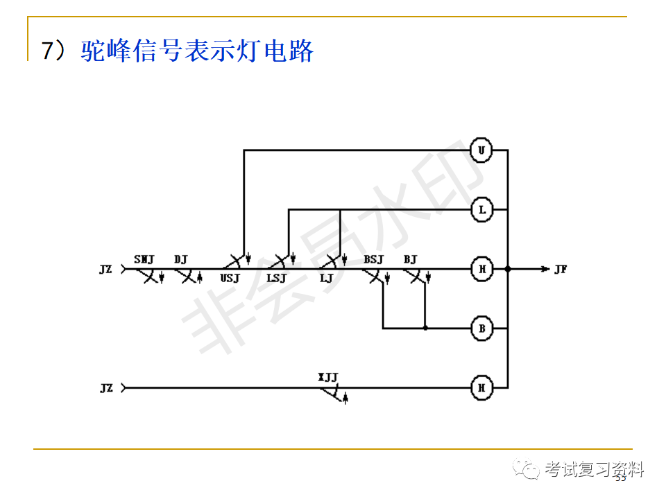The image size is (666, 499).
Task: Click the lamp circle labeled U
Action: coord(481,150)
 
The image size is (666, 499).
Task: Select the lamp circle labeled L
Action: coord(481,209)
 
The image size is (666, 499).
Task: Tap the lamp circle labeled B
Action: coord(481,328)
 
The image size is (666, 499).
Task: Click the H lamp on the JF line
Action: coord(481,269)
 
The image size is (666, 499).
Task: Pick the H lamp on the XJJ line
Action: coord(481,388)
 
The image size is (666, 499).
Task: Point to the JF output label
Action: coord(561,269)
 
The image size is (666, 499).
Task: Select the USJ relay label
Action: coord(230,279)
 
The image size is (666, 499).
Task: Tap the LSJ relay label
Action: coord(276,279)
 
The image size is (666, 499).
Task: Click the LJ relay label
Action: coord(326,279)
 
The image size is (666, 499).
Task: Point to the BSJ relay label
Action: coord(373,260)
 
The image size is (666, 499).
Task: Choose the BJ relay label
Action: coord(410,260)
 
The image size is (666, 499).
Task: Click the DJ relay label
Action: coord(181,260)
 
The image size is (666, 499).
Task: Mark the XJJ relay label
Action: coord(328,378)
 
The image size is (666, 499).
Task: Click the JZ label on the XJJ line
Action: coord(105,388)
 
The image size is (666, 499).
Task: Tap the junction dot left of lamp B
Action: coord(425,328)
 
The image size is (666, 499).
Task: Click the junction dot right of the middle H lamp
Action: coord(509,269)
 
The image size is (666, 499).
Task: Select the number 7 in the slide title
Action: coord(47,52)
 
